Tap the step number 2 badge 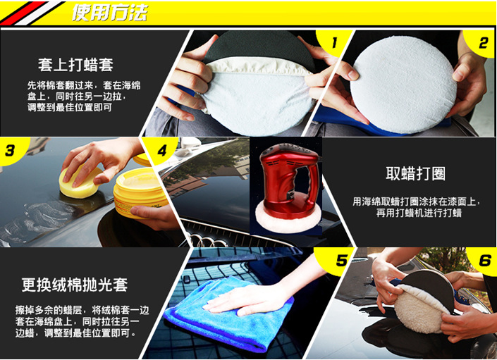coord(483,43)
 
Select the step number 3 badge coord(10,150)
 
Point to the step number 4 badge coord(163,150)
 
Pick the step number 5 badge coord(340,261)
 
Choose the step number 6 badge coord(484,261)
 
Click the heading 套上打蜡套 coord(75,65)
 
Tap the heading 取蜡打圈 coord(415,173)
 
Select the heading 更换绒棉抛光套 coord(74,285)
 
